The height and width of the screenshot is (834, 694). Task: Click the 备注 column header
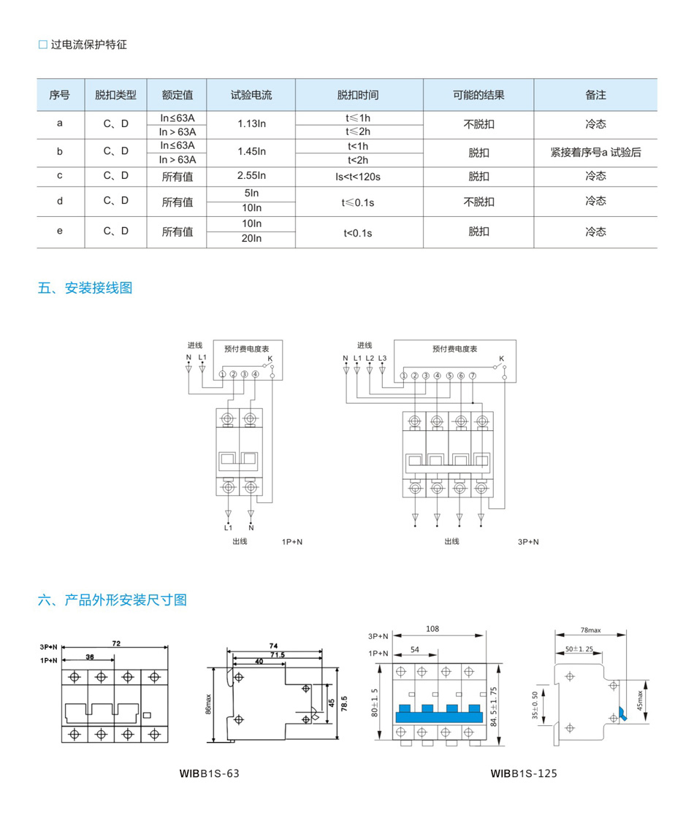pyautogui.click(x=595, y=95)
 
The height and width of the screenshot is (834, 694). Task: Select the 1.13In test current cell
pyautogui.click(x=251, y=124)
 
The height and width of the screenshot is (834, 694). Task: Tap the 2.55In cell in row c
pyautogui.click(x=251, y=176)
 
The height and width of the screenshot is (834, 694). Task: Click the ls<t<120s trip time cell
pyautogui.click(x=359, y=176)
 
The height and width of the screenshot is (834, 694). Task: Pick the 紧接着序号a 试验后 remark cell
pyautogui.click(x=595, y=153)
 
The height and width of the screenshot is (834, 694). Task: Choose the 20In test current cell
pyautogui.click(x=251, y=238)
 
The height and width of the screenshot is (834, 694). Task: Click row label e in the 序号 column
pyautogui.click(x=60, y=231)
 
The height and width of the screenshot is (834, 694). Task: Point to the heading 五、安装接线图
pyautogui.click(x=85, y=288)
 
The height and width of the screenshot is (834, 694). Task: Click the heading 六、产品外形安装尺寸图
pyautogui.click(x=112, y=600)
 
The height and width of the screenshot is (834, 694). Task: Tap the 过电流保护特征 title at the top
pyautogui.click(x=88, y=45)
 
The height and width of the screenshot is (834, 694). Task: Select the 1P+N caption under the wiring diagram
pyautogui.click(x=292, y=543)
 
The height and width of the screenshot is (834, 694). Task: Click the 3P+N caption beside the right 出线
pyautogui.click(x=528, y=542)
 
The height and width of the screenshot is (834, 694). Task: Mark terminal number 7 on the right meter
pyautogui.click(x=473, y=375)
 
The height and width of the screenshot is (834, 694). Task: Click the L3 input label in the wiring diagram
pyautogui.click(x=382, y=358)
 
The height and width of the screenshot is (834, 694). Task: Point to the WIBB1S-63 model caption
pyautogui.click(x=210, y=773)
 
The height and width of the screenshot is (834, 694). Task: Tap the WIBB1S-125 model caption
pyautogui.click(x=524, y=773)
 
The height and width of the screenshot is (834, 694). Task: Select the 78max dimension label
pyautogui.click(x=590, y=630)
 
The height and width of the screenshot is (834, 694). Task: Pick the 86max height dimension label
pyautogui.click(x=210, y=704)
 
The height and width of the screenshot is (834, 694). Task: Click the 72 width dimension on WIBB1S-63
pyautogui.click(x=116, y=643)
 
